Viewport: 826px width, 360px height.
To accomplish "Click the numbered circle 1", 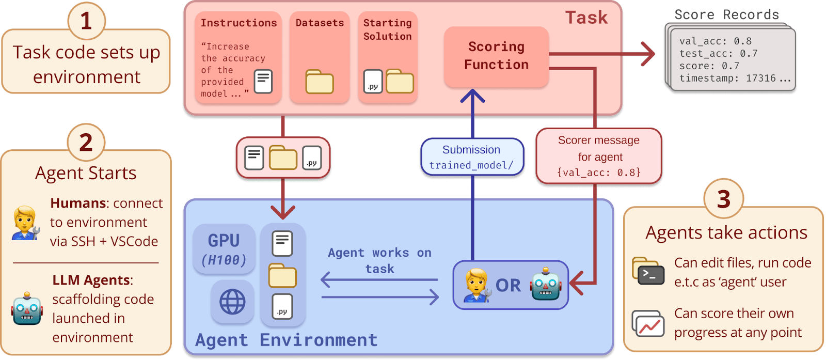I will click(x=86, y=21).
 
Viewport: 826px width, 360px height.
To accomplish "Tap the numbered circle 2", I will click(x=86, y=143).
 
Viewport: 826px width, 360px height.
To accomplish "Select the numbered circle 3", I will click(x=723, y=199).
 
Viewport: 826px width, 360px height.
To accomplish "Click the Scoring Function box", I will click(x=496, y=56).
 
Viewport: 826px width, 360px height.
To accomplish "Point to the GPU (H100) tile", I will click(x=224, y=249).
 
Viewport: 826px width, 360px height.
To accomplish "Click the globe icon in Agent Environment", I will click(x=232, y=302).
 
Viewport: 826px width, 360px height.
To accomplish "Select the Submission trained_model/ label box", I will click(x=472, y=158).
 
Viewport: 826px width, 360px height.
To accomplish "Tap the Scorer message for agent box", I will click(x=599, y=156).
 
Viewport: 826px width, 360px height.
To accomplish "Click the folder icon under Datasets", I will click(x=319, y=82).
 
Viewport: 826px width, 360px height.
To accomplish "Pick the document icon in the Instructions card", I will click(x=263, y=81).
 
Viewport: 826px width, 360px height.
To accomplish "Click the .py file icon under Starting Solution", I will click(x=373, y=82).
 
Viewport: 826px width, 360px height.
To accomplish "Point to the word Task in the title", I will click(x=586, y=18).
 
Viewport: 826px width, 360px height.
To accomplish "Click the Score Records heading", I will click(x=726, y=14).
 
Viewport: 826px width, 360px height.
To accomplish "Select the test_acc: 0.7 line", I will click(x=718, y=54).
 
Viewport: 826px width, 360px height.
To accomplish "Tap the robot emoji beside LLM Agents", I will click(x=27, y=308).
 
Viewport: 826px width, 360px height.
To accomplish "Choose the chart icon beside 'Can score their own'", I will click(x=648, y=324).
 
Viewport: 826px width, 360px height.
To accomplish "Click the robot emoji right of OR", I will click(x=545, y=284).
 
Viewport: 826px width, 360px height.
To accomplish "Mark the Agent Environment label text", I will click(x=286, y=340).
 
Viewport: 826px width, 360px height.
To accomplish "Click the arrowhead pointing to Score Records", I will click(x=648, y=54).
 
